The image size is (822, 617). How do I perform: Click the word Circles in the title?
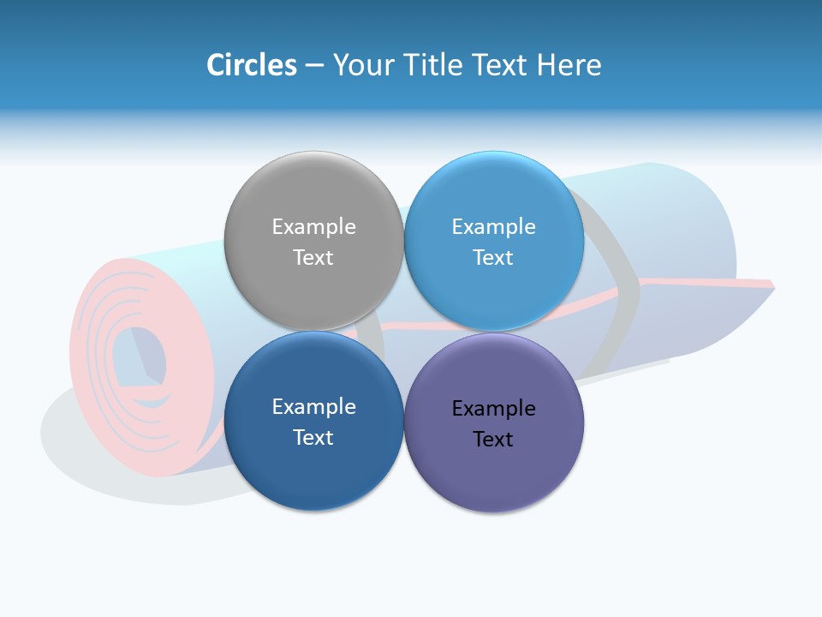(252, 65)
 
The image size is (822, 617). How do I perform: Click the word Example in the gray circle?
(313, 226)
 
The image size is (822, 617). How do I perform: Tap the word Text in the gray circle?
(313, 257)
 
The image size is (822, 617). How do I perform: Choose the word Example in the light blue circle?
(493, 226)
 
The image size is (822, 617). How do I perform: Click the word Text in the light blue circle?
(493, 257)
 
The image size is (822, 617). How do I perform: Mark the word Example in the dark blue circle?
(313, 406)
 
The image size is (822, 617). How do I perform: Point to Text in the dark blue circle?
(313, 437)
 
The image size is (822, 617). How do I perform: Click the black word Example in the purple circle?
(493, 408)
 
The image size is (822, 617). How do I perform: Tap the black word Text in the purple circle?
(493, 439)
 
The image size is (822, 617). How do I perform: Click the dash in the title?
(314, 65)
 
